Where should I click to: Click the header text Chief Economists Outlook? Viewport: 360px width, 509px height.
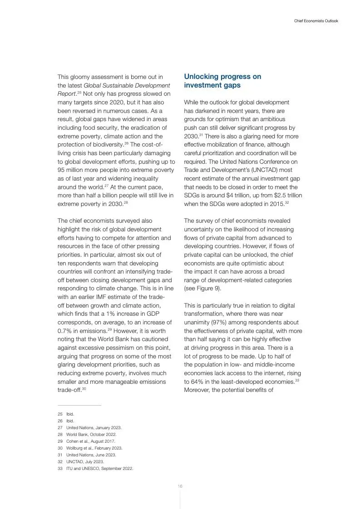(316, 21)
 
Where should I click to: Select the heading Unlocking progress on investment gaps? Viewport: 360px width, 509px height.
(222, 81)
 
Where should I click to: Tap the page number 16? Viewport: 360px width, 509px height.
(180, 486)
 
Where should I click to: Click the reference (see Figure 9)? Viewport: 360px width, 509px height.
(202, 289)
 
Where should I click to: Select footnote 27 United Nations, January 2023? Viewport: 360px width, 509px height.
(94, 428)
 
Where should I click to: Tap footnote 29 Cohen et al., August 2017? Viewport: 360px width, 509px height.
(91, 441)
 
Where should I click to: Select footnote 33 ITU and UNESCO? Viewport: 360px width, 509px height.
(99, 469)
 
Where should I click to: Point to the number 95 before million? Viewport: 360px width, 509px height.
(62, 170)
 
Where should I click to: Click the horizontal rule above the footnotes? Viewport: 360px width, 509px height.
(79, 406)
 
